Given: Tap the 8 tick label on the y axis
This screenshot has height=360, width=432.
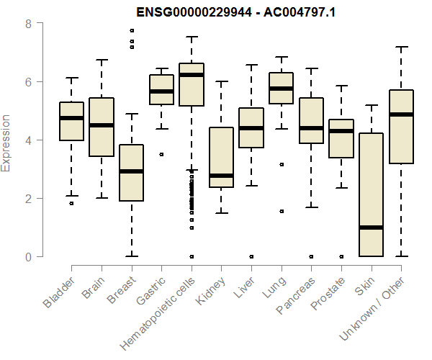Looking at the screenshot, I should pyautogui.click(x=28, y=24).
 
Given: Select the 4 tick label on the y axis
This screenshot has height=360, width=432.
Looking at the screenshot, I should pyautogui.click(x=28, y=140).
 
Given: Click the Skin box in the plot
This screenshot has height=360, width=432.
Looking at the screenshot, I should pyautogui.click(x=371, y=194).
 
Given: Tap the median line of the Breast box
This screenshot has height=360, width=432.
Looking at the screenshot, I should pyautogui.click(x=131, y=171).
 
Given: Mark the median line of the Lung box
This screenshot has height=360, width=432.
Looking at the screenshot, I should pyautogui.click(x=281, y=89).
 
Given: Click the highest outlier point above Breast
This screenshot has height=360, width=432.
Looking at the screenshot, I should pyautogui.click(x=131, y=31).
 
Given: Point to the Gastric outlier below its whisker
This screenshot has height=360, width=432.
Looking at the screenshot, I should pyautogui.click(x=161, y=154).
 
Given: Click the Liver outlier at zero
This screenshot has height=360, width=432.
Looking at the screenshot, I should pyautogui.click(x=251, y=256).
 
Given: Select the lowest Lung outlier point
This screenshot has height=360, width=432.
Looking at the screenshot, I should pyautogui.click(x=281, y=211).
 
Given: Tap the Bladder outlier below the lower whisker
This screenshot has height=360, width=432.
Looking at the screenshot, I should pyautogui.click(x=71, y=204).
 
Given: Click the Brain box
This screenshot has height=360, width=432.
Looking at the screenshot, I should pyautogui.click(x=101, y=127).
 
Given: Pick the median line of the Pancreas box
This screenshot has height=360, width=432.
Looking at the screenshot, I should pyautogui.click(x=311, y=128).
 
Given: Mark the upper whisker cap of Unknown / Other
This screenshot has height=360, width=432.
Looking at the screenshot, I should pyautogui.click(x=401, y=47).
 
